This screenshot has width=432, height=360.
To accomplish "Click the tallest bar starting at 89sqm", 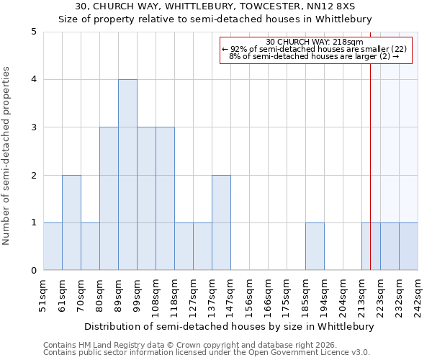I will click(x=127, y=175).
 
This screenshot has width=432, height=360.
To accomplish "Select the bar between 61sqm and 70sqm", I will click(x=71, y=222).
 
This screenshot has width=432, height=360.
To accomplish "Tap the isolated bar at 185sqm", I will click(x=315, y=246).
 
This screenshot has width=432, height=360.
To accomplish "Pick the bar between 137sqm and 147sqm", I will click(x=221, y=222).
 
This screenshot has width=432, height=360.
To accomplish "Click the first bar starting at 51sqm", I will click(x=53, y=246).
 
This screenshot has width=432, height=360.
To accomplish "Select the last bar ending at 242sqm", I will click(x=408, y=246).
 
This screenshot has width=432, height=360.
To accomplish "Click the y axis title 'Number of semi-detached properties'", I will click(x=6, y=156).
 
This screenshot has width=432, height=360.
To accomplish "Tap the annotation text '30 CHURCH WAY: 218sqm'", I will click(x=315, y=42).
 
